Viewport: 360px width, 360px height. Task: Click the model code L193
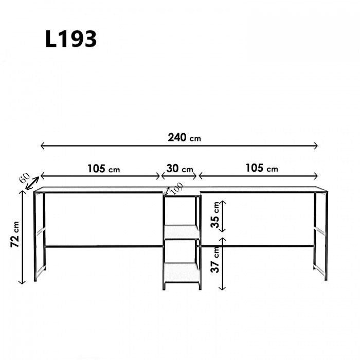pos(71,39)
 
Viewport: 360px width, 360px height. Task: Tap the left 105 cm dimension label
pos(103,168)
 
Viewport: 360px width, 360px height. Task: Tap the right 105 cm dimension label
pos(261,168)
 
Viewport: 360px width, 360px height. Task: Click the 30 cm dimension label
pos(179,168)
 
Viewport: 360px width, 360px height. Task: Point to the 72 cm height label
pos(15,235)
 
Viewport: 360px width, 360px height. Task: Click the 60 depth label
pos(24,178)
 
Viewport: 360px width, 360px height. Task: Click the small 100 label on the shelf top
pos(177,189)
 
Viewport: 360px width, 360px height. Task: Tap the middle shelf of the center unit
pos(182,232)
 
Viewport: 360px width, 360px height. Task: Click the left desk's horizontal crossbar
pos(103,246)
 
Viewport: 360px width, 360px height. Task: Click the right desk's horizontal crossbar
pos(257,246)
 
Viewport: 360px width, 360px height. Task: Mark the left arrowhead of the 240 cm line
pos(42,146)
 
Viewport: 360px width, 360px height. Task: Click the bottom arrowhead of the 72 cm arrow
pos(22,282)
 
